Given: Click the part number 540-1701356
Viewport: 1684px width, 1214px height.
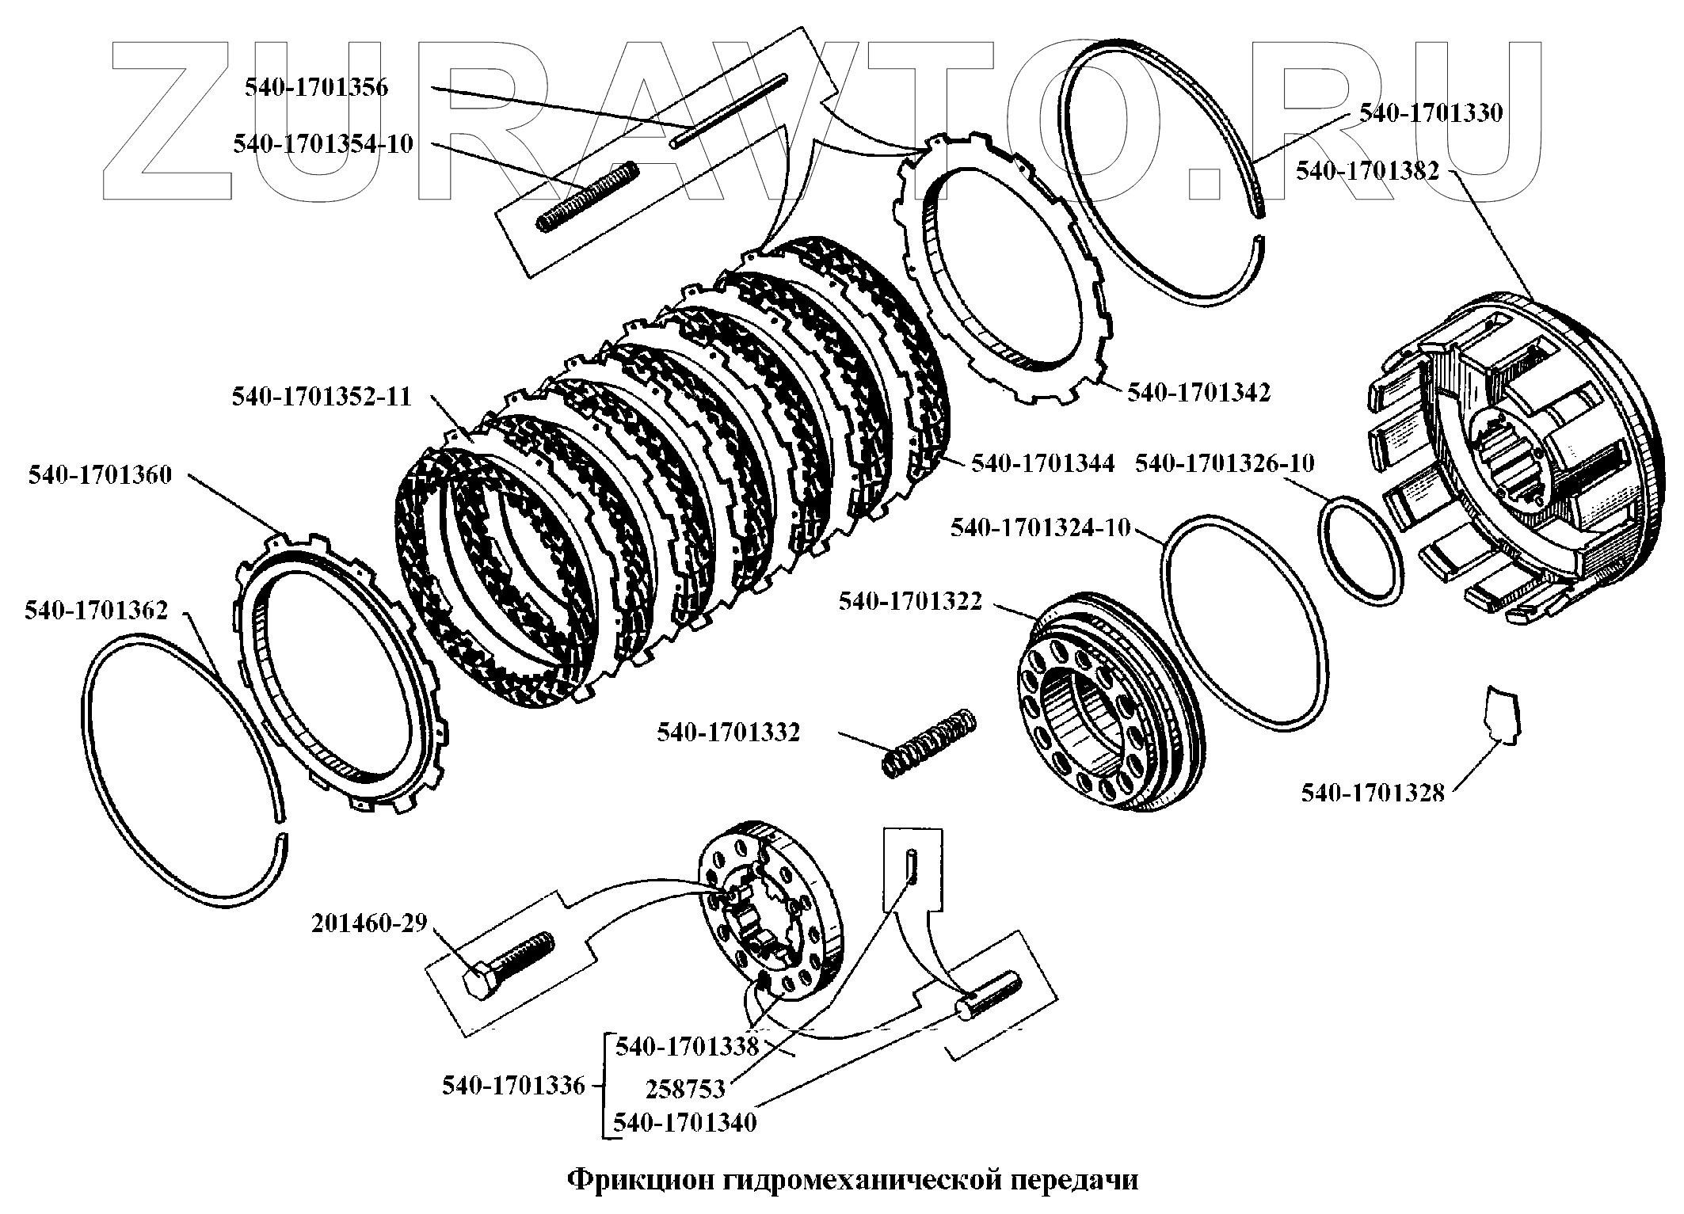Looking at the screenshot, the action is [x=316, y=87].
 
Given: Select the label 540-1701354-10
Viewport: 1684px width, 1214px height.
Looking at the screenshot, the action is [x=323, y=144].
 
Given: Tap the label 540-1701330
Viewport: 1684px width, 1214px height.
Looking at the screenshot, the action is [x=1431, y=113].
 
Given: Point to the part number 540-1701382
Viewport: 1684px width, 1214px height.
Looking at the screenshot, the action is [x=1368, y=170].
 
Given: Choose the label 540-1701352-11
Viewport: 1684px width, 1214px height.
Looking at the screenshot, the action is [x=322, y=396].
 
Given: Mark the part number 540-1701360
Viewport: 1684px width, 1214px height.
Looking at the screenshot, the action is [x=100, y=475].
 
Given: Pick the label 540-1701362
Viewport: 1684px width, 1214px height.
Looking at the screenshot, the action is [x=96, y=611].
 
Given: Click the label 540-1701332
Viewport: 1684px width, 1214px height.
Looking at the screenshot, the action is [x=728, y=733].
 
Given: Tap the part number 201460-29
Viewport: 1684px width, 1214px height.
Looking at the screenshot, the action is [x=369, y=923].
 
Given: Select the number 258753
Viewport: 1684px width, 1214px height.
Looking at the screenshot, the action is [x=685, y=1090].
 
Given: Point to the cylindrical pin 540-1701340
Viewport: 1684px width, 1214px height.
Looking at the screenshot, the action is [x=990, y=993].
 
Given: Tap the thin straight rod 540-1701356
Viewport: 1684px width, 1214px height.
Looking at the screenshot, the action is [x=730, y=110].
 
